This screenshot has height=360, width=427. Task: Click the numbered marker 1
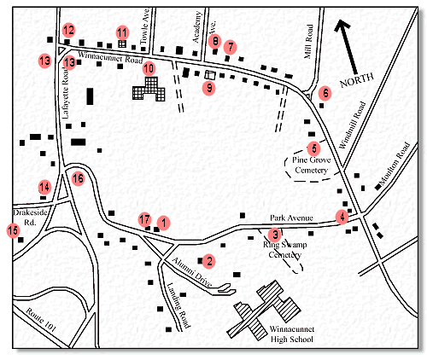click(x=161, y=222)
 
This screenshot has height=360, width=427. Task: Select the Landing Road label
click(x=178, y=296)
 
